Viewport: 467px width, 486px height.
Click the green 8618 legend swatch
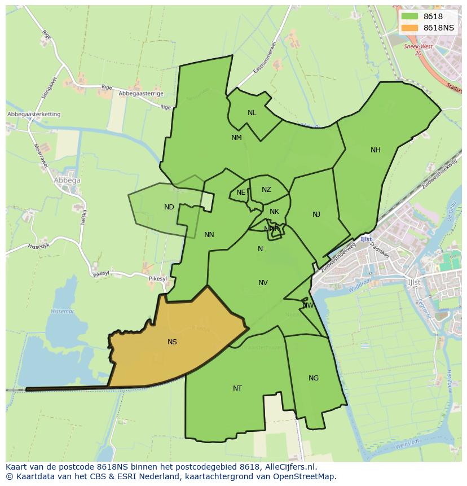tap(409, 16)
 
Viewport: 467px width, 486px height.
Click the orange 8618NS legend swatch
tap(409, 28)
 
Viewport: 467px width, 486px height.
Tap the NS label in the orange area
tap(172, 342)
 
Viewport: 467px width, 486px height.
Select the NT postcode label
tap(237, 388)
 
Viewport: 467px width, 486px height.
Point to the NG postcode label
tap(314, 378)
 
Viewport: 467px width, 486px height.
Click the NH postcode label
tap(375, 150)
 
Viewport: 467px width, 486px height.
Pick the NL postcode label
tap(252, 113)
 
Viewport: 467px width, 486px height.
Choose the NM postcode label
tap(236, 138)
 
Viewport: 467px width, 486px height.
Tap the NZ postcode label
tap(266, 190)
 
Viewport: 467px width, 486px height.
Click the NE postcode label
tap(241, 192)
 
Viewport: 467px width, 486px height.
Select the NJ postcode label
tap(316, 214)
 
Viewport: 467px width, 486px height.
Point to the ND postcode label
tap(169, 207)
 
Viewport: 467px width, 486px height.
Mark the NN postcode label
tap(209, 235)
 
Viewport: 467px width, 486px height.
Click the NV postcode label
tap(263, 283)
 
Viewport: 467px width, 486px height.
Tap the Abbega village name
tap(67, 181)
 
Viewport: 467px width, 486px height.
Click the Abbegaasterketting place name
tap(34, 115)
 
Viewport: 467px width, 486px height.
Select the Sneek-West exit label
tap(418, 47)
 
